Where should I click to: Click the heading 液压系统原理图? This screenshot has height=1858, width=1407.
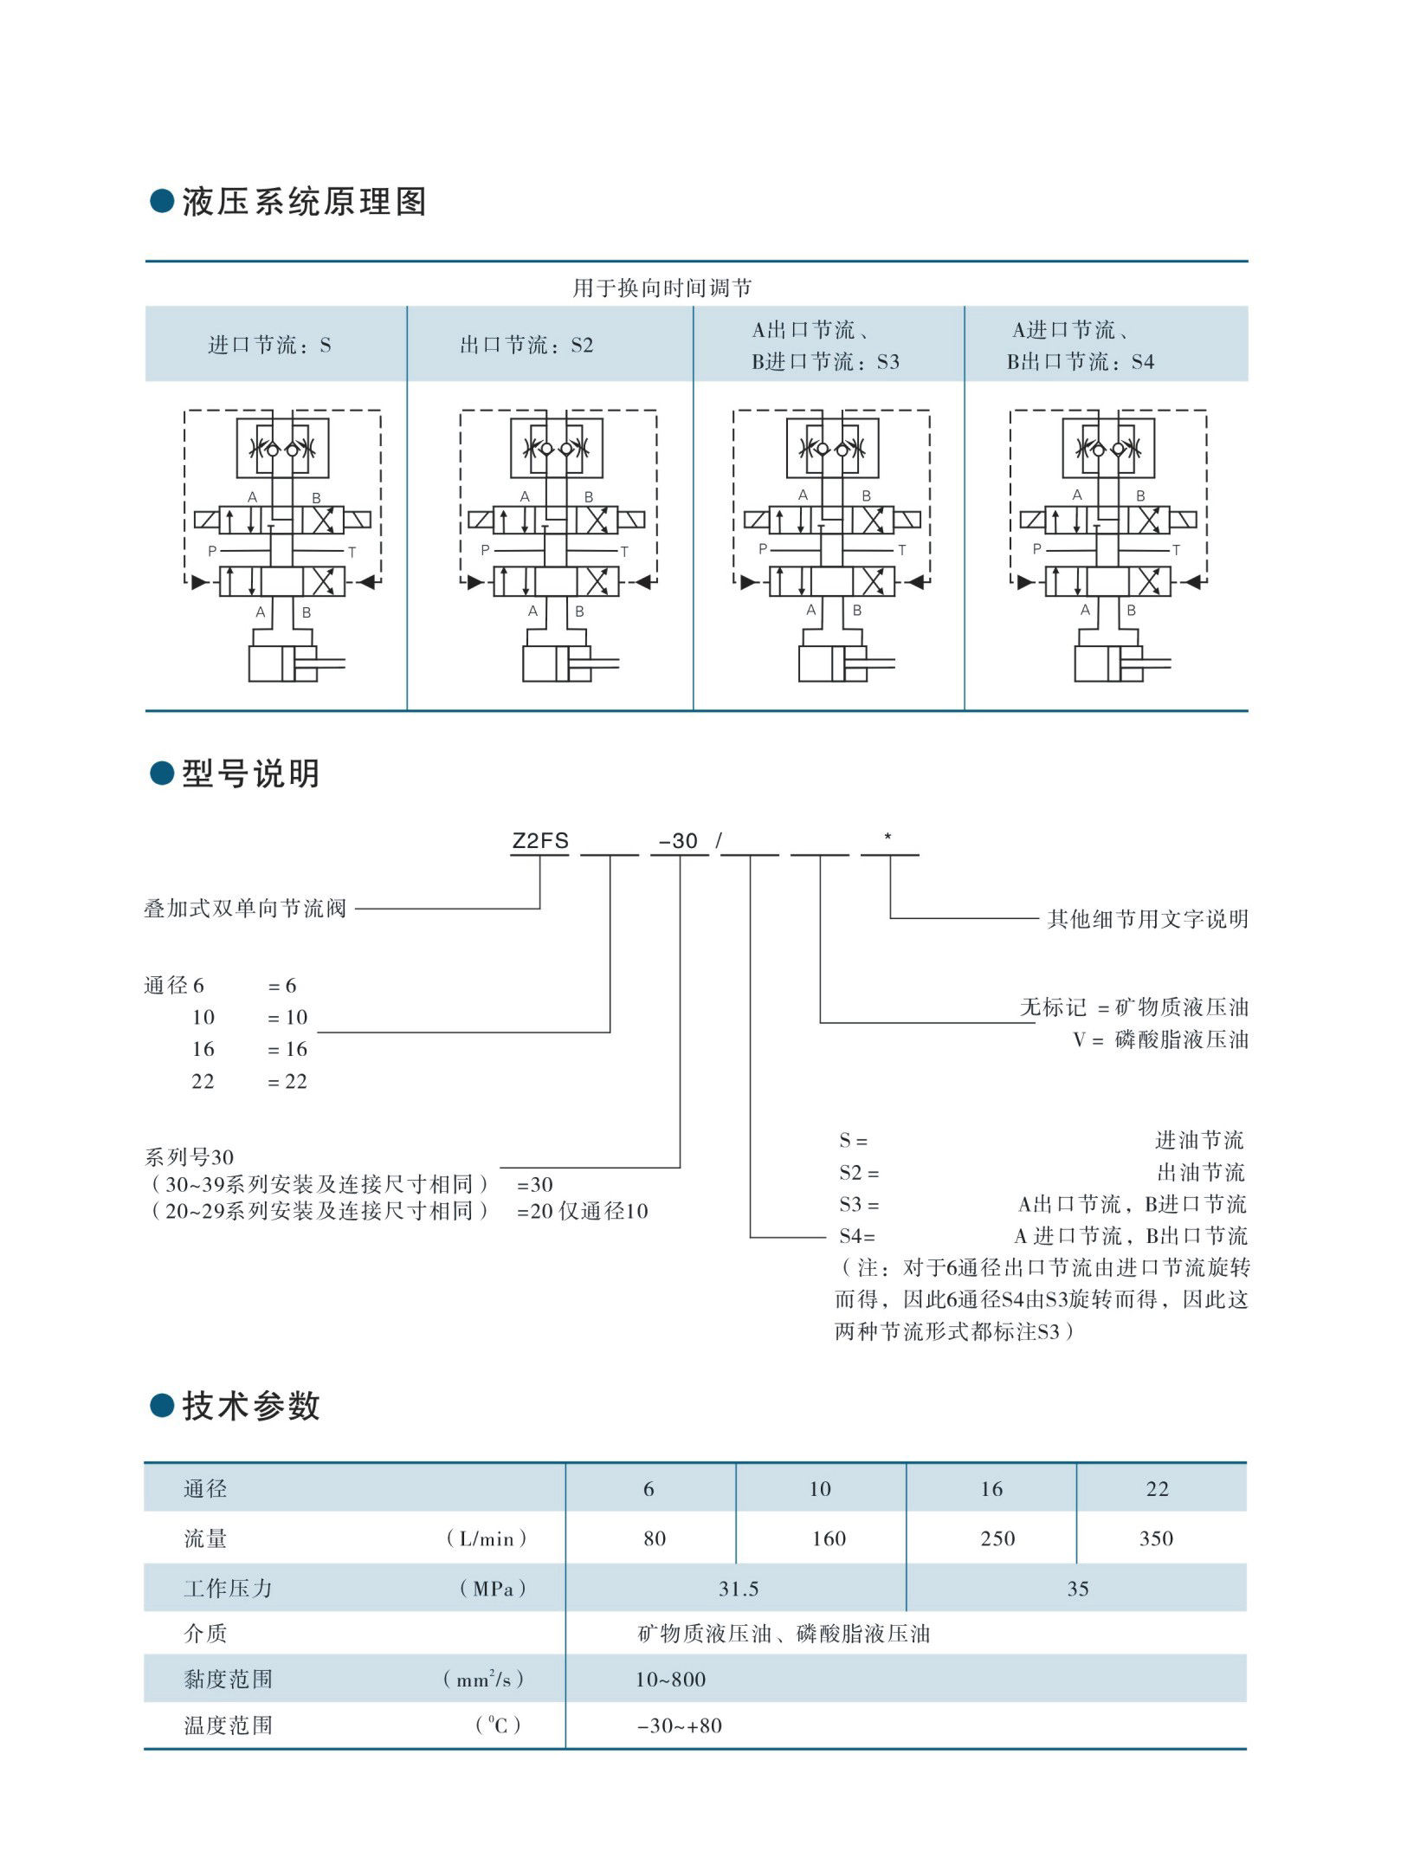coord(304,203)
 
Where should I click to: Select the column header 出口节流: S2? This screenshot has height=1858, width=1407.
coord(526,346)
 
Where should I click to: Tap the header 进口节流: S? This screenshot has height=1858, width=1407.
coord(269,346)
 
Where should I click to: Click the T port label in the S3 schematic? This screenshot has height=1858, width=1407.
coord(901,550)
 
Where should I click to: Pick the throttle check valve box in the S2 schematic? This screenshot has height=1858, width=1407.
coord(556,448)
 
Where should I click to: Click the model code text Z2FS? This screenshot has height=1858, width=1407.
coord(540,840)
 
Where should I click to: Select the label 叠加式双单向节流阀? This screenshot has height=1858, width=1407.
coord(245,909)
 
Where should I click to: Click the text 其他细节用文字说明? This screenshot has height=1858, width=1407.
coord(1148,919)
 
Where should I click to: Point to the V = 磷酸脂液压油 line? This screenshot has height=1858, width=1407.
coord(1160,1039)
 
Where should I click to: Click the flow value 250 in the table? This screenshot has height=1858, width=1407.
coord(997,1538)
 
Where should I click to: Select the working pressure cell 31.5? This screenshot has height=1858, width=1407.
coord(739,1589)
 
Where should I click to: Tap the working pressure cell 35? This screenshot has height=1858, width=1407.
coord(1078,1589)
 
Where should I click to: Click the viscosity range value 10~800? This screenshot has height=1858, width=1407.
coord(670,1680)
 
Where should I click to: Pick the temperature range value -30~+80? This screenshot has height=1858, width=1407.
coord(679,1725)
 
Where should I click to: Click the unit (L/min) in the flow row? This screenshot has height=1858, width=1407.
coord(486,1539)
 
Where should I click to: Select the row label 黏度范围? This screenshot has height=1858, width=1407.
coord(228,1680)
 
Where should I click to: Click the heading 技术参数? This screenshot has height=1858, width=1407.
coord(251,1407)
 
